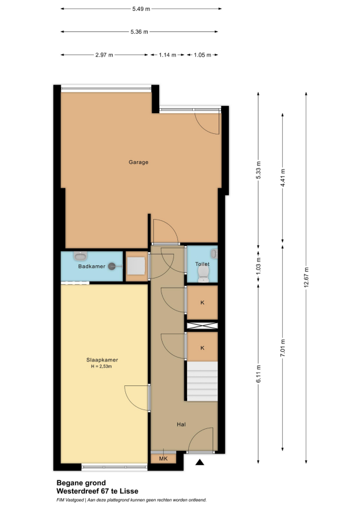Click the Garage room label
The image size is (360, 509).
point(139,162)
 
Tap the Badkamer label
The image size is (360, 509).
point(92,266)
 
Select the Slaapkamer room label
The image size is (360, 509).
point(102,360)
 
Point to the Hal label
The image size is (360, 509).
point(181,424)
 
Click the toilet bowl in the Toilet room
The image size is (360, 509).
point(203,275)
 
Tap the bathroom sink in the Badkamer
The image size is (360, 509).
point(80,256)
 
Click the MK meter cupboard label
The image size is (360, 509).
point(164,459)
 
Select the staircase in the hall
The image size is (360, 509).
point(202,381)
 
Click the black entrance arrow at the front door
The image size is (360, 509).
point(200,462)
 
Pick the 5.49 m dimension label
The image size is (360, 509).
point(141,9)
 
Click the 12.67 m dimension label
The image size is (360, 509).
point(306,277)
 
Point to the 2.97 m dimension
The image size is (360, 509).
point(104,55)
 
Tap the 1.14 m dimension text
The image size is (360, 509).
point(167,55)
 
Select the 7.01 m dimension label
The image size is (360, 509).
point(283,348)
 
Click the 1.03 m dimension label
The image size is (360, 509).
point(259,265)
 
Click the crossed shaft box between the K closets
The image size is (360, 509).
point(202,325)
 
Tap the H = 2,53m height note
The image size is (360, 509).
point(101,367)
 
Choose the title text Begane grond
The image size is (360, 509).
point(81,483)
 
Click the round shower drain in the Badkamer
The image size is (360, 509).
point(112,266)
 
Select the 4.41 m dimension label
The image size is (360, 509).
point(283,177)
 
